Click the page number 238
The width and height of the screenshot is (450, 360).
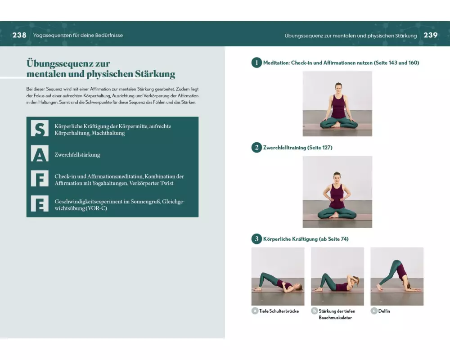click(19, 35)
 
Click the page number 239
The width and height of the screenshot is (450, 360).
click(431, 35)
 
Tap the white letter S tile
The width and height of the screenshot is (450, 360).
click(40, 129)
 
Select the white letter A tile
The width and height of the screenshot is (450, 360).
click(40, 154)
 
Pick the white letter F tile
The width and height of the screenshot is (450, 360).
click(40, 179)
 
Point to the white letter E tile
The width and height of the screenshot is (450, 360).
click(40, 203)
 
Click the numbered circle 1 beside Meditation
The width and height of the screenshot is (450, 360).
click(256, 63)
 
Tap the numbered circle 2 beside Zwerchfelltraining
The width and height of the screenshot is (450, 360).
click(256, 148)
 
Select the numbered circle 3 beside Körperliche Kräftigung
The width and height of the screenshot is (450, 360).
click(256, 239)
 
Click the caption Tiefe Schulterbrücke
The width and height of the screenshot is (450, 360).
click(279, 311)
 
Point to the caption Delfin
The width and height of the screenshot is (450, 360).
click(384, 311)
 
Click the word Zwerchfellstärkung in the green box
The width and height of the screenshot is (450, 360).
click(77, 155)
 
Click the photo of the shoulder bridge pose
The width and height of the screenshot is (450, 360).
click(278, 276)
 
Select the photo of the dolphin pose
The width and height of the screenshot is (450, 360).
click(397, 276)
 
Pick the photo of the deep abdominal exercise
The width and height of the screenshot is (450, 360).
click(337, 276)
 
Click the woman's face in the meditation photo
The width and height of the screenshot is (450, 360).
click(338, 88)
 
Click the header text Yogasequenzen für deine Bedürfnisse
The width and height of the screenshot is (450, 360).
click(78, 35)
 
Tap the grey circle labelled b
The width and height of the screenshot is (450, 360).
click(314, 311)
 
